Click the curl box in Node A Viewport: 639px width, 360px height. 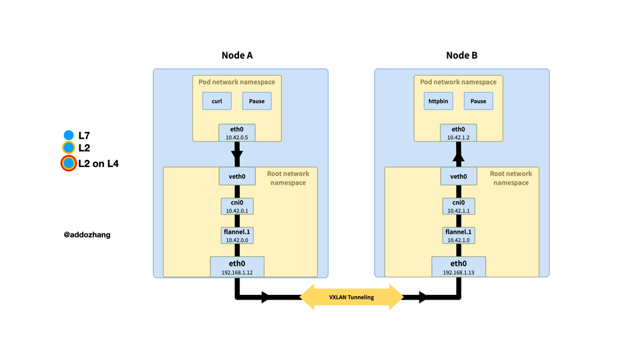217,101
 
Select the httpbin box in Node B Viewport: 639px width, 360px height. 438,101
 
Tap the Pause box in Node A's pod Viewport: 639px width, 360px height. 257,101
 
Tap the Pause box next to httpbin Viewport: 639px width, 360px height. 478,101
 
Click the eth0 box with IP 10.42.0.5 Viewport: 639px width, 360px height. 237,133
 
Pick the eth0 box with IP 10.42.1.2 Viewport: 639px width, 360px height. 459,133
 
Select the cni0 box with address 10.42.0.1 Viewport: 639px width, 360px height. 237,206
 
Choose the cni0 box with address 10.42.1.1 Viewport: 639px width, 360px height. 459,206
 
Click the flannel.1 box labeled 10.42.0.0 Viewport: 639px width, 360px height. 237,236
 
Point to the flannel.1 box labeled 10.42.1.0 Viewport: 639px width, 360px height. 459,236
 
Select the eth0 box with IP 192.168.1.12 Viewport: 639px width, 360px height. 237,267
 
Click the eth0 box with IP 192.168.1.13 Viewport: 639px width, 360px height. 459,267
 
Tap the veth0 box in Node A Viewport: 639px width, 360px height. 237,176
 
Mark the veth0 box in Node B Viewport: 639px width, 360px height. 459,176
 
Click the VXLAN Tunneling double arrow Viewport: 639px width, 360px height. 351,297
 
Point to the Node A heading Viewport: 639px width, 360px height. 237,56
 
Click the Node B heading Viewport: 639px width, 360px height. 461,56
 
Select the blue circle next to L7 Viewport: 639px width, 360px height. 69,135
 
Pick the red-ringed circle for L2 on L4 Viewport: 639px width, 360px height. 69,163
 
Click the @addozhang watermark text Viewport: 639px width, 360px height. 87,235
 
